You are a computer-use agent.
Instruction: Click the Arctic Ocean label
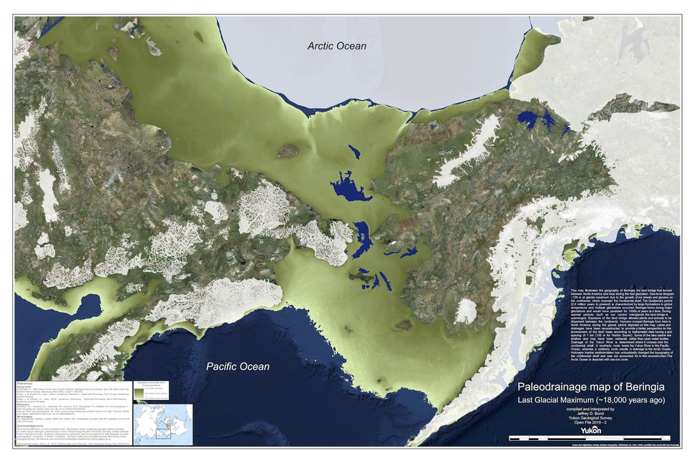336,47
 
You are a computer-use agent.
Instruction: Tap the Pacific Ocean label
238,366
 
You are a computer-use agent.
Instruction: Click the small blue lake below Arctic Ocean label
353,152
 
